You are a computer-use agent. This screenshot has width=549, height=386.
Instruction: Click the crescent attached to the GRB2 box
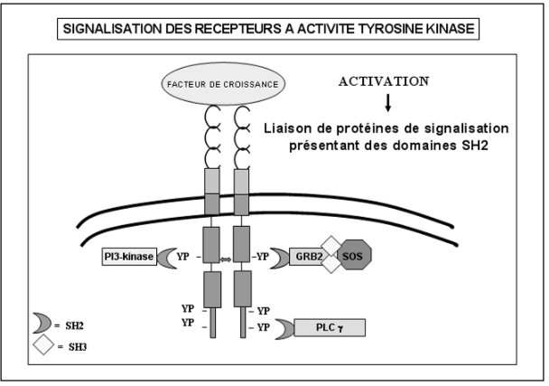pos(279,257)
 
